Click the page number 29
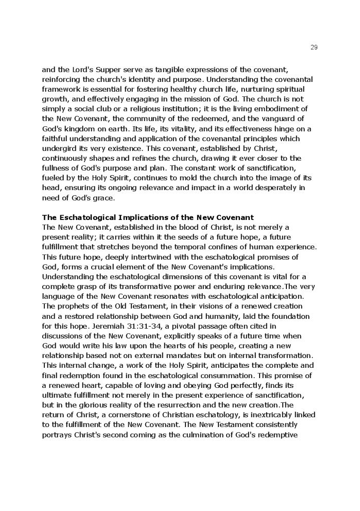pyautogui.click(x=314, y=47)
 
